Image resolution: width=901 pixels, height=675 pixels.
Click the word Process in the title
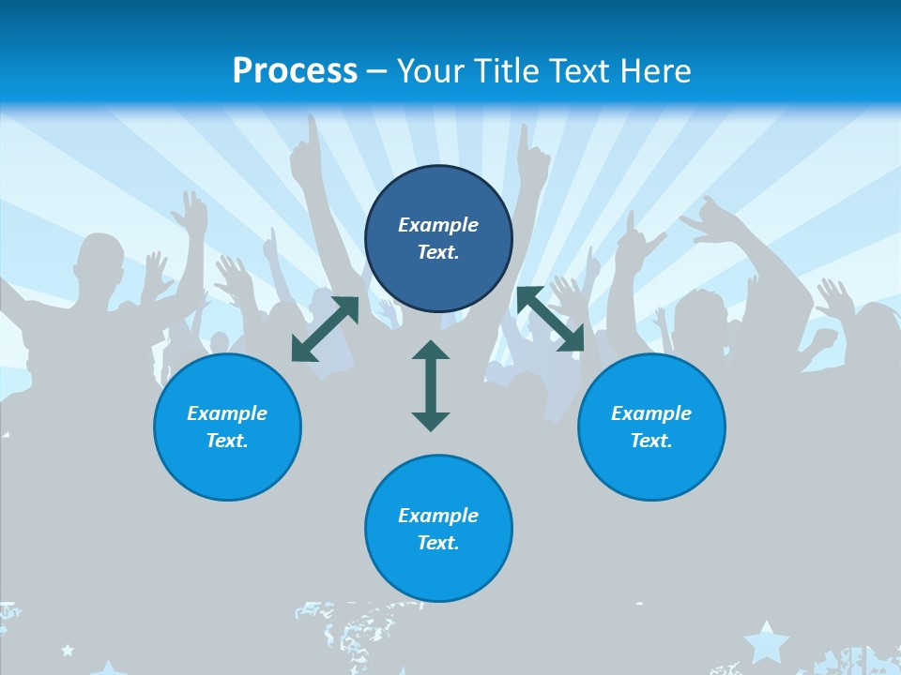295,71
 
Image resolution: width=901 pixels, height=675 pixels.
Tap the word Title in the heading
507,71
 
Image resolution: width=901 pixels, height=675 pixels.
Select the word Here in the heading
656,71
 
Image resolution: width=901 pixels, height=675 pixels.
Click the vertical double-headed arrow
431,385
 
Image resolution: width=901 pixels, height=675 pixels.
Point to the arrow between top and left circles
325,329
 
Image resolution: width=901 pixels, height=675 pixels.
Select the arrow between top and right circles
551,320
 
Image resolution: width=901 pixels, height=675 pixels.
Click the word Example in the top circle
438,225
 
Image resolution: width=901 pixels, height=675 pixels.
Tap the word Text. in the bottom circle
438,543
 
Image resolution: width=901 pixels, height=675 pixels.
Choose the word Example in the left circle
227,413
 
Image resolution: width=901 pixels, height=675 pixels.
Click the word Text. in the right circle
651,441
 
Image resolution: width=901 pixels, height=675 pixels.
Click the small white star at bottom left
68,649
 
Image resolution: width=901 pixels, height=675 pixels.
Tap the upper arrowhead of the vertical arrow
431,352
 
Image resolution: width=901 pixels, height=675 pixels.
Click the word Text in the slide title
581,71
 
